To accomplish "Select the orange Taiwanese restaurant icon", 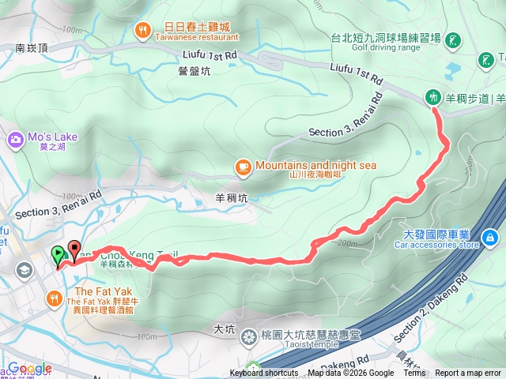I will coord(142,31).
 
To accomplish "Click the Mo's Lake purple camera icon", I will coord(15,141).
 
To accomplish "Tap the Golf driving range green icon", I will coord(453,39).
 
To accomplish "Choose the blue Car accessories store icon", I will coord(490,236).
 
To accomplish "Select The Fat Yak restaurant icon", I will coord(54,298).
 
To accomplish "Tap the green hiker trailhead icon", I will coord(432,97).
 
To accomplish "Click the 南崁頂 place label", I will coord(32,48).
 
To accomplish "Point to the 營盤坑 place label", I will coord(194,71).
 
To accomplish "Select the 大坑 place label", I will coord(225,327).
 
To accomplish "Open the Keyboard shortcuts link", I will coord(264,373).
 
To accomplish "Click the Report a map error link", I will coord(468,373).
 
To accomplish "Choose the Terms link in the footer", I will coord(414,373).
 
